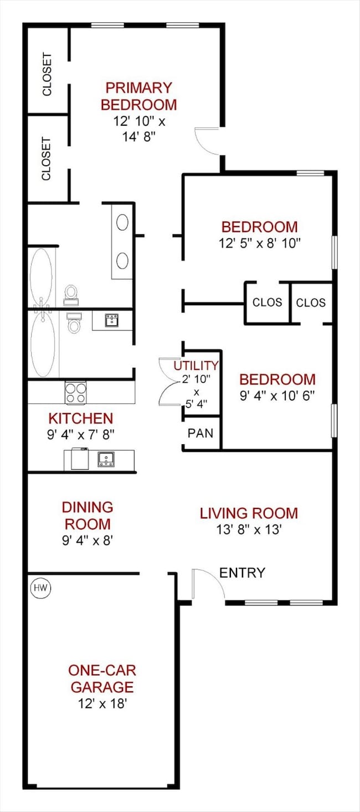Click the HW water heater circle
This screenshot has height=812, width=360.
pyautogui.click(x=40, y=588)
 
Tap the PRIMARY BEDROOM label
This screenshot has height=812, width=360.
pyautogui.click(x=139, y=96)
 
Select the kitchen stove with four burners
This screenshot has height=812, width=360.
pyautogui.click(x=76, y=393)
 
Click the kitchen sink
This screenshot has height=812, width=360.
pyautogui.click(x=106, y=459)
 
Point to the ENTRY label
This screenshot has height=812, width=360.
pyautogui.click(x=242, y=573)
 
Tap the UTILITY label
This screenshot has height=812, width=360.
pyautogui.click(x=196, y=366)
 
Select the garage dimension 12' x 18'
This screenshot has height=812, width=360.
pyautogui.click(x=102, y=703)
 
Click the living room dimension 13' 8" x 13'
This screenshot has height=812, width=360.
pyautogui.click(x=249, y=530)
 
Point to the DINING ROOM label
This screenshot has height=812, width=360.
pyautogui.click(x=88, y=516)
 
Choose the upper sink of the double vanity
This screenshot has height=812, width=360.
pyautogui.click(x=122, y=222)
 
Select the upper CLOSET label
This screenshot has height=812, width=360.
pyautogui.click(x=47, y=75)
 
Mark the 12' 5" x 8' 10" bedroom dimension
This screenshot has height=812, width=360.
pyautogui.click(x=260, y=243)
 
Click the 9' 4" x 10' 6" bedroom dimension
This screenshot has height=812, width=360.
pyautogui.click(x=277, y=395)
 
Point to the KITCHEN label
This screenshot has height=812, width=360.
pyautogui.click(x=81, y=418)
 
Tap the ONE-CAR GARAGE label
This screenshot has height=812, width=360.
pyautogui.click(x=102, y=679)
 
